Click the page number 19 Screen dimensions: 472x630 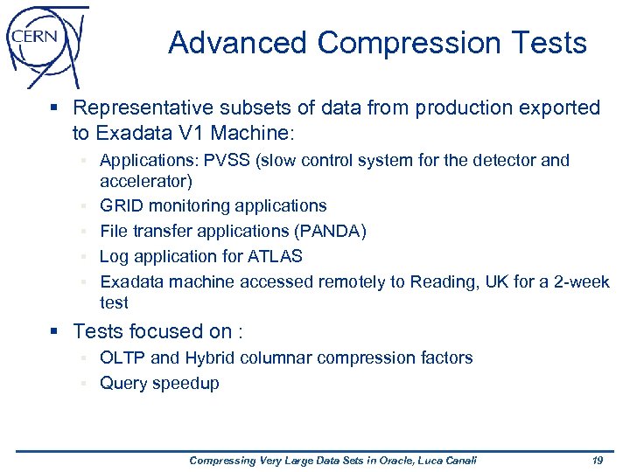click(x=598, y=461)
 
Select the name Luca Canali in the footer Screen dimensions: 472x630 click(x=447, y=461)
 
